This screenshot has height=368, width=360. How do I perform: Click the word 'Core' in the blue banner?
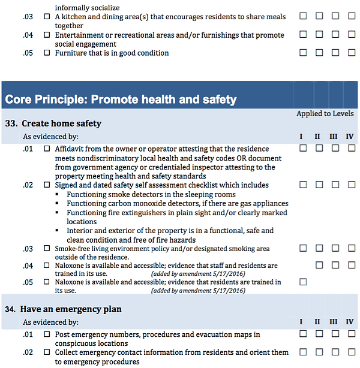pos(20,99)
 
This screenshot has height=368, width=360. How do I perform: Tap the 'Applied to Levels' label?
pos(325,113)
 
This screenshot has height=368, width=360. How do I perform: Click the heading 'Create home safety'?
pos(61,123)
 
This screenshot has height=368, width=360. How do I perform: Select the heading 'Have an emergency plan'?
pos(70,309)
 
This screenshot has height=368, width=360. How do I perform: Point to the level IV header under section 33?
pos(350,137)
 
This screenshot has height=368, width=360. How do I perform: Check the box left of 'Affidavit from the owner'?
pos(47,149)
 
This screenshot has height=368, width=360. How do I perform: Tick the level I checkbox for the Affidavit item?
pos(303,148)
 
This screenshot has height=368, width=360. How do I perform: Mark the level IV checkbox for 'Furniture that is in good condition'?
pos(352,53)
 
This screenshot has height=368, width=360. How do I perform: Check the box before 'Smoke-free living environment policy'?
pos(47,248)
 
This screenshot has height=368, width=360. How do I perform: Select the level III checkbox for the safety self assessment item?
pos(335,185)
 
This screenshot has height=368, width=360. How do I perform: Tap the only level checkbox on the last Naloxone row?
pos(303,282)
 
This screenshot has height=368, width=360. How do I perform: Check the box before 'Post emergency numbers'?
pos(47,334)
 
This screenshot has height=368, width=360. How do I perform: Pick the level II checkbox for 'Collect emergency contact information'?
pos(319,352)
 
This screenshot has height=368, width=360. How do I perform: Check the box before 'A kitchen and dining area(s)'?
pos(47,17)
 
